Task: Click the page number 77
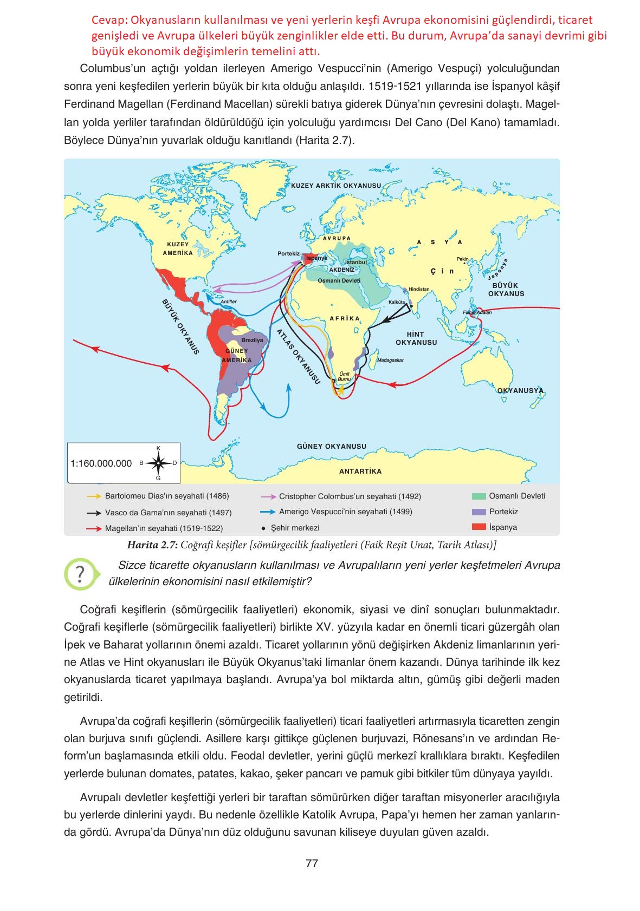(312, 863)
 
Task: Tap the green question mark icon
(80, 574)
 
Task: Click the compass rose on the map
(158, 463)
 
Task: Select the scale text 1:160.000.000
(101, 464)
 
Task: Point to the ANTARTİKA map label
(360, 471)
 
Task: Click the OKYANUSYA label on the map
(520, 390)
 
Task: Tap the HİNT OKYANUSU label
(416, 338)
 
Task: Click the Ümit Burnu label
(344, 377)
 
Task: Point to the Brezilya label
(252, 340)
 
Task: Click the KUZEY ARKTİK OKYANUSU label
(336, 186)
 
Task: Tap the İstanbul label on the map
(356, 263)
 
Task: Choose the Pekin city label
(462, 259)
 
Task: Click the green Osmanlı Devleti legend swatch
(479, 496)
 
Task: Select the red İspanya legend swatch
(479, 527)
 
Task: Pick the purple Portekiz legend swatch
(479, 512)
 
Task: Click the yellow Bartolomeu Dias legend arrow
(94, 496)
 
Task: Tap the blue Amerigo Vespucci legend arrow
(268, 512)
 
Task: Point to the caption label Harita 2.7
(152, 545)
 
